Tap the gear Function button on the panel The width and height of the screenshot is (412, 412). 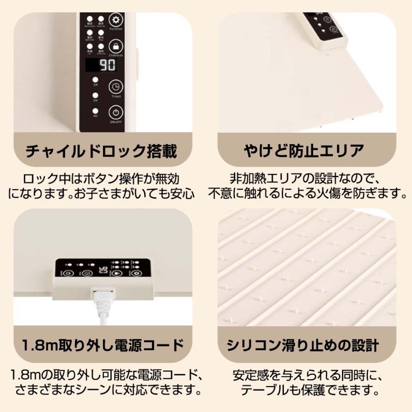click(116, 21)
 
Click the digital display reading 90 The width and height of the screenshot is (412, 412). click(102, 65)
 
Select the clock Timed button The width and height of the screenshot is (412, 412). click(116, 87)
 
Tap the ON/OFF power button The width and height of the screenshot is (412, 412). click(116, 113)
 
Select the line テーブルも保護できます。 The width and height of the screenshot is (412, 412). click(305, 391)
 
